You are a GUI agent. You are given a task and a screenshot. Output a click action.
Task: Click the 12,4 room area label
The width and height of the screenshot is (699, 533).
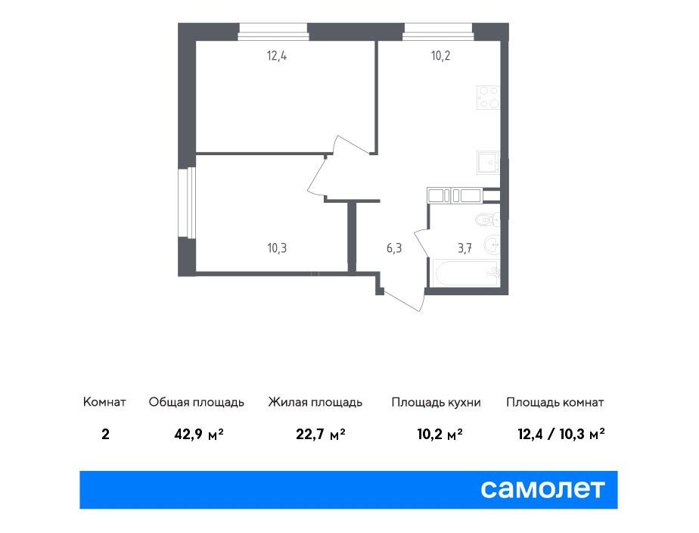(276, 56)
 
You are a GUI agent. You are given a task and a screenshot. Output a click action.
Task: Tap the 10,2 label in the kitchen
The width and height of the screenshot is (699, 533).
(440, 56)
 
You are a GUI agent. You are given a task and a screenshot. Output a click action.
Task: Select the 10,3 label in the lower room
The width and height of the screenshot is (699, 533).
(277, 248)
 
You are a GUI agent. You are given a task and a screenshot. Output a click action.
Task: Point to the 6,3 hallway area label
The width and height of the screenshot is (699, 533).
(394, 248)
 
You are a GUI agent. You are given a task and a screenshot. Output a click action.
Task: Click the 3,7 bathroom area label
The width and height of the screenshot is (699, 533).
(465, 248)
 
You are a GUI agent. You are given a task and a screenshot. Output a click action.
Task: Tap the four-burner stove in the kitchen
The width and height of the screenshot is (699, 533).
(488, 97)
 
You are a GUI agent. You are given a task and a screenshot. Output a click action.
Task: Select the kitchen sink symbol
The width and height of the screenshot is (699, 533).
(488, 162)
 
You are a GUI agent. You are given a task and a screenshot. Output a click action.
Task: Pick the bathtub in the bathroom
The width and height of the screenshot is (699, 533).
(465, 273)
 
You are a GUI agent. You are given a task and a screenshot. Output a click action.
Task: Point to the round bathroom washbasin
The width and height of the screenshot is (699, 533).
(492, 245)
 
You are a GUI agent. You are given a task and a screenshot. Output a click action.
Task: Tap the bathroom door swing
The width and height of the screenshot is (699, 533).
(421, 244)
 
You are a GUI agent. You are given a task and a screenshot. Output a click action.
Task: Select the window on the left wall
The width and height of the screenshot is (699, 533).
(187, 202)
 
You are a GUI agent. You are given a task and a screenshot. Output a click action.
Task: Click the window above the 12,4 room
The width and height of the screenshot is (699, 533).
(273, 32)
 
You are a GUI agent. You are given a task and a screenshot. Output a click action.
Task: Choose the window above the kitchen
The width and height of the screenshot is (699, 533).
(438, 32)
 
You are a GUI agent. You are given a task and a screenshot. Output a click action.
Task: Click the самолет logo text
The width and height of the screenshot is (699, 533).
(542, 489)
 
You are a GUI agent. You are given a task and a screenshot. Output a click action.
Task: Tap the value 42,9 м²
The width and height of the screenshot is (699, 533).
(199, 434)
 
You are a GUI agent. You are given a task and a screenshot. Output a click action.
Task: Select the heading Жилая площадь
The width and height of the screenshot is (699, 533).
(315, 402)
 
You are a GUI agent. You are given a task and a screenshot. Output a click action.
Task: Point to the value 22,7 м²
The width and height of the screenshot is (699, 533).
(321, 434)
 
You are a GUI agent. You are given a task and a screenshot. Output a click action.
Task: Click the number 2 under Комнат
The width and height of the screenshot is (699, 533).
(105, 434)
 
